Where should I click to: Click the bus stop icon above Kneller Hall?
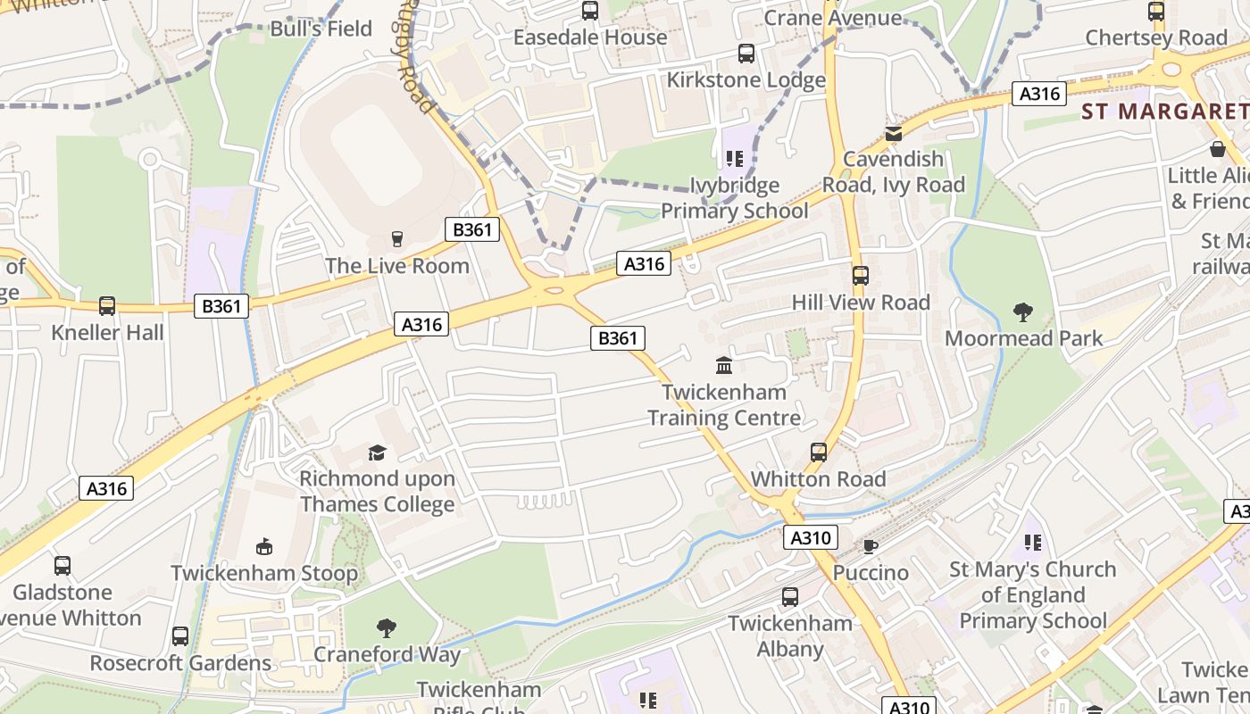[107, 306]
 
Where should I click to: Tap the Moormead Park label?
[1023, 338]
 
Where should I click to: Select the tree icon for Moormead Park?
[1023, 312]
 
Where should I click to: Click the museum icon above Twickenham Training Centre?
[724, 366]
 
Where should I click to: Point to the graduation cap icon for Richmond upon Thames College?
[377, 453]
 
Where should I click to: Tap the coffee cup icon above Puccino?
[871, 546]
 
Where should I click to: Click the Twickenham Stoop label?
[264, 573]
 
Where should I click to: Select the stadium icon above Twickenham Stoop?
[264, 547]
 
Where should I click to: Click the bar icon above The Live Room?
[397, 239]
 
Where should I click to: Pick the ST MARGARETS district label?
[1164, 112]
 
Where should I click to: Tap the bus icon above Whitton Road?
[819, 452]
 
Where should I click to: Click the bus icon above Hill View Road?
[861, 276]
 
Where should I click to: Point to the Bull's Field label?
[321, 29]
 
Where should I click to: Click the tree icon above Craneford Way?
[387, 628]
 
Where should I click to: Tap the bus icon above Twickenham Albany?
[790, 597]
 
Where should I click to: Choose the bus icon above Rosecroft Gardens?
[180, 636]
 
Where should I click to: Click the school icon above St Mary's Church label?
[1033, 543]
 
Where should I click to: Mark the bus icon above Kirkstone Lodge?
[746, 54]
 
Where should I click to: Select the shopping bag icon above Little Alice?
[1217, 149]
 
